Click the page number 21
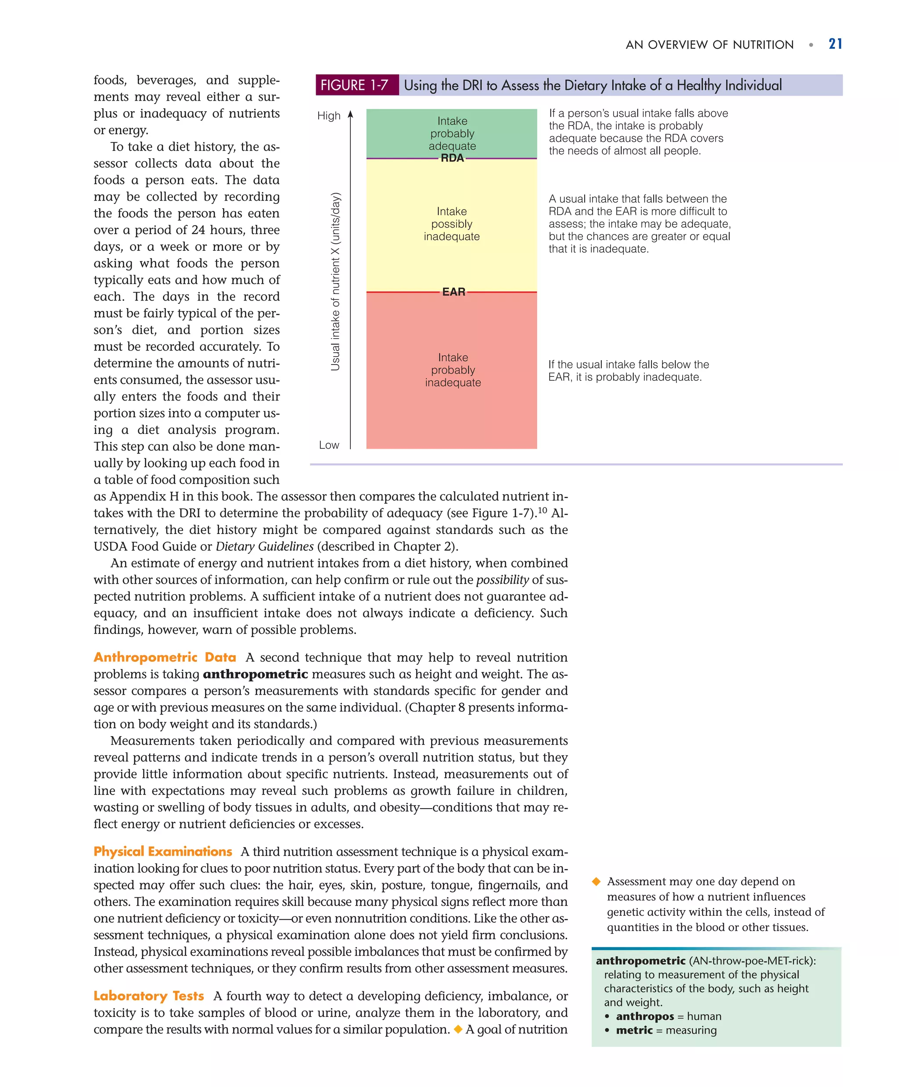point(835,44)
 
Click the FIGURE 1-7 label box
point(355,85)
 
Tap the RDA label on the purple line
point(452,159)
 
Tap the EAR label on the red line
point(453,292)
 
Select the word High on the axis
point(329,116)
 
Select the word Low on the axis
point(329,445)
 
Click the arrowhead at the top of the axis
point(351,114)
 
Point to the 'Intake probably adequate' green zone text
point(452,134)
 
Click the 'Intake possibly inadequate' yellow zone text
point(452,224)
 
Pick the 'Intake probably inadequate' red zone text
point(453,370)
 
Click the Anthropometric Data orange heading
point(165,657)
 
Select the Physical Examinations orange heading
point(162,852)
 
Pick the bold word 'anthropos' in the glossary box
point(644,1016)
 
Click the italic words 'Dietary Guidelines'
point(264,547)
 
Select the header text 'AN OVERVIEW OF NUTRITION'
point(709,45)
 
